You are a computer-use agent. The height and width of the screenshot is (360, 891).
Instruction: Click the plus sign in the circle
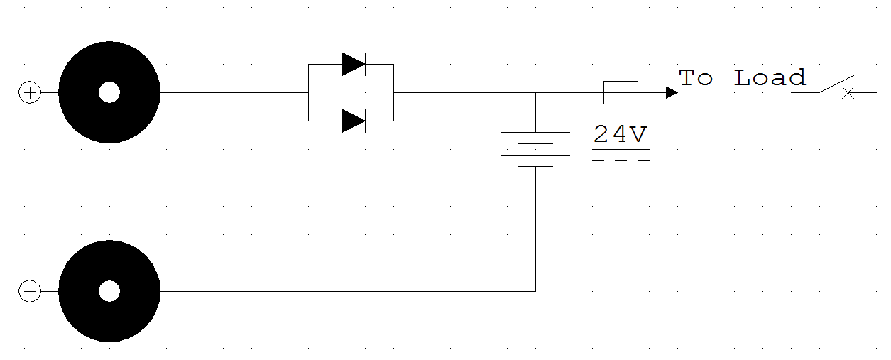point(29,93)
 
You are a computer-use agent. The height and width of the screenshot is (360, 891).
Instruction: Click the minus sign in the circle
point(29,291)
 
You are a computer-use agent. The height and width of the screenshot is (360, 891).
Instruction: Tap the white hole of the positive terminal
point(109,92)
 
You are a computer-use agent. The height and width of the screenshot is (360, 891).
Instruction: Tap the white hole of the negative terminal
point(109,291)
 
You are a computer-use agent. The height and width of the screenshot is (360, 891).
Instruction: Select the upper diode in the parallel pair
point(353,65)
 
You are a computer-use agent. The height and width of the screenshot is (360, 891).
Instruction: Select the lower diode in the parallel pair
point(353,121)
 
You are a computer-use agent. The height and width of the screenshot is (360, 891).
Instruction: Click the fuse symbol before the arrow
point(621,92)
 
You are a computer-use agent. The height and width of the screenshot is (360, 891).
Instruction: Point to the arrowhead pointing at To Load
point(672,92)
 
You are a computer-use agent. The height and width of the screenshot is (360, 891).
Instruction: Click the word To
point(695,77)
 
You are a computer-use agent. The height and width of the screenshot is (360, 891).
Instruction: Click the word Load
point(770,77)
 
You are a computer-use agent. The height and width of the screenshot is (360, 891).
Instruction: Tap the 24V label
point(620,135)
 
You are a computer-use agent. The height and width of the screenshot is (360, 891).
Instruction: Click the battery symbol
point(535,149)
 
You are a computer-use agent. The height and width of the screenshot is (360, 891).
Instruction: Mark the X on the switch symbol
point(848,92)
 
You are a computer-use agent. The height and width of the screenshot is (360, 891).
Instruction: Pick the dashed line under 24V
point(620,160)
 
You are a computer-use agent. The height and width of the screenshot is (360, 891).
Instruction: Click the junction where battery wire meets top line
point(535,92)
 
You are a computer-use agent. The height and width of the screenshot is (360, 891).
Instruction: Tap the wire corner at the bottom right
point(535,291)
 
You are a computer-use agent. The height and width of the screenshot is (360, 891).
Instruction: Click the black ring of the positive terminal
point(78,92)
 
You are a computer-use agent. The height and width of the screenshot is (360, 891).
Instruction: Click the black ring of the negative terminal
point(78,291)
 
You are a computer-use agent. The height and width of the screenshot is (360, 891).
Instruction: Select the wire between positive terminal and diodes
point(234,92)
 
